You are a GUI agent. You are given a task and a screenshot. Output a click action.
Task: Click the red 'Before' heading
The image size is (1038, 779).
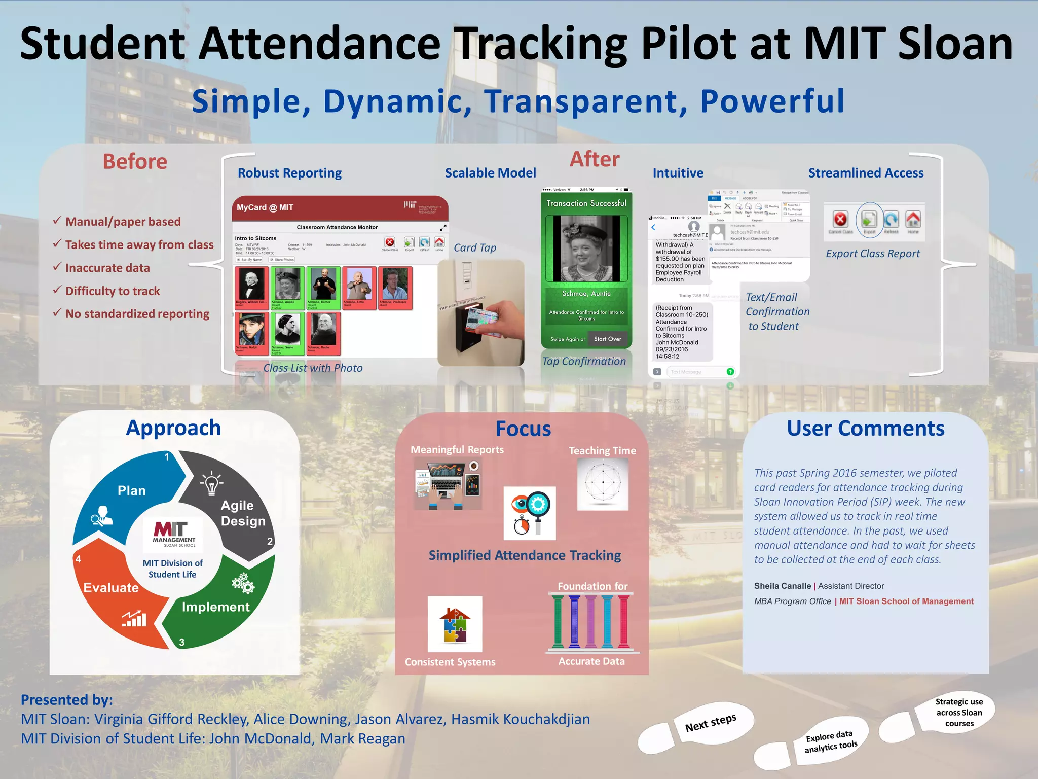click(135, 162)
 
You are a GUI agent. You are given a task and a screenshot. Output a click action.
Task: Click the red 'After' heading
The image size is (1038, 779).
click(594, 159)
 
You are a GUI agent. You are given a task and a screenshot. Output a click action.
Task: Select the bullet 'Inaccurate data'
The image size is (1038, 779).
click(107, 268)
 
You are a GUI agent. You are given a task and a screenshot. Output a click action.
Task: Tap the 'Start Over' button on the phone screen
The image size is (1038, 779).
click(607, 339)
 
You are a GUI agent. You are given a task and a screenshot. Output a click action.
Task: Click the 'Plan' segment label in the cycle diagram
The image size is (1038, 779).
click(131, 490)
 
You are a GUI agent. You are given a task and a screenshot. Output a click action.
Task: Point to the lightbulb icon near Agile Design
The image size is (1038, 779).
click(211, 483)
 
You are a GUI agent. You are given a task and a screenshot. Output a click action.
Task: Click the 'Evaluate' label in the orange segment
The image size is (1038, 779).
click(111, 587)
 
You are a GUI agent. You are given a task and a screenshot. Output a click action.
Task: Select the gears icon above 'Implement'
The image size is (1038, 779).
click(243, 583)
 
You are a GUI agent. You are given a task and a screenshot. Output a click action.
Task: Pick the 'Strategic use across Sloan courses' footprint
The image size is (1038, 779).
click(958, 713)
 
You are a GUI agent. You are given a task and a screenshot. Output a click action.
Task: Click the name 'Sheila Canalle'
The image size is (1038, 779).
click(782, 586)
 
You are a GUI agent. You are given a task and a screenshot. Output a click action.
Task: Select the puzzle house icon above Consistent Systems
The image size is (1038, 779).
click(455, 624)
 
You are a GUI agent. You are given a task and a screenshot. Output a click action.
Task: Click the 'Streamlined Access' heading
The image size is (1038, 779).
click(866, 173)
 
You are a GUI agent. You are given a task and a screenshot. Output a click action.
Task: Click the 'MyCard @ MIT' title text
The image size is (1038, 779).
click(265, 207)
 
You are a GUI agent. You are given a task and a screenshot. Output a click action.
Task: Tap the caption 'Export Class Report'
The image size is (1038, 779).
click(872, 254)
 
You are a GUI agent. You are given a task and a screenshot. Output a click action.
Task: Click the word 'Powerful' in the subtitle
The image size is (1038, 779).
click(772, 101)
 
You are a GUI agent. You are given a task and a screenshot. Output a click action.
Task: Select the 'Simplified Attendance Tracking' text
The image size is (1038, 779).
click(525, 555)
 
